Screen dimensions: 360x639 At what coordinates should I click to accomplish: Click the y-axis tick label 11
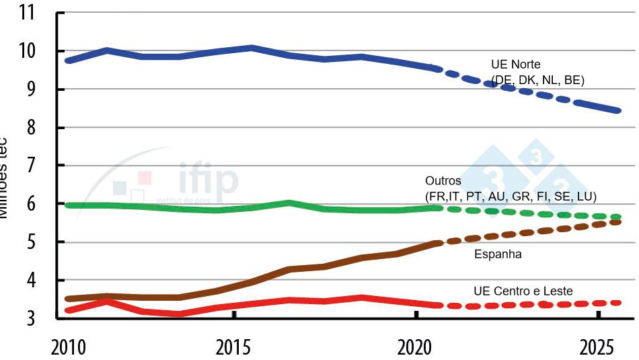pos(28,13)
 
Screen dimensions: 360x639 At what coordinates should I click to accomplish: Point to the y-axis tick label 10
pos(28,52)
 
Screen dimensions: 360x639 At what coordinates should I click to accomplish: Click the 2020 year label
pos(417,347)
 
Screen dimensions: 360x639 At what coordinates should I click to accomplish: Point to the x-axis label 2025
pos(597,347)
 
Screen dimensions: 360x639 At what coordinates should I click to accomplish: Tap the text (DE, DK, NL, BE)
pos(537,80)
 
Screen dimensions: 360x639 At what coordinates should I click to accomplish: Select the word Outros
pos(443,181)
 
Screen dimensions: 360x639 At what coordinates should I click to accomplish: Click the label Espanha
pos(498,254)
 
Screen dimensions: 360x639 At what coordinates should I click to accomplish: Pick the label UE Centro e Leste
pos(523,291)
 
